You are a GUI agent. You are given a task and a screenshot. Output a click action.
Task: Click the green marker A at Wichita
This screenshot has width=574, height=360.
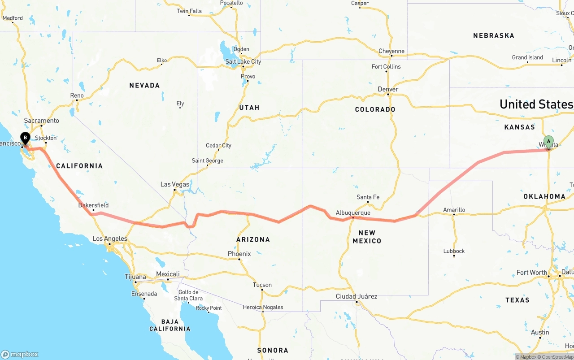pos(548,142)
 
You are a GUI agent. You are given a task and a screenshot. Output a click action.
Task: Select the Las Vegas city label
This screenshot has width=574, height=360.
pos(175,184)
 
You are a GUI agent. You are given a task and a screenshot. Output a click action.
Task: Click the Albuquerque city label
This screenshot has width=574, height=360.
pos(353,213)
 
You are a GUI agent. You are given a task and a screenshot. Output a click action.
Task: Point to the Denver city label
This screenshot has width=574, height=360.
pos(388,89)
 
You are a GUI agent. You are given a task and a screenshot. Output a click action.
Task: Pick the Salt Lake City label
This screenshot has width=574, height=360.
pos(243,62)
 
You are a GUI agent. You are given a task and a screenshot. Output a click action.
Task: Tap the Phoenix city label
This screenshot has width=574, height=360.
pos(239,254)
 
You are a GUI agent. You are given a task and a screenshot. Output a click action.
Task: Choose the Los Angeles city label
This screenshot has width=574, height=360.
pos(110,239)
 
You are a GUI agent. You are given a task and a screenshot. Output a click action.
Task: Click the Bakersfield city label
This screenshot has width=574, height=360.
pos(93,205)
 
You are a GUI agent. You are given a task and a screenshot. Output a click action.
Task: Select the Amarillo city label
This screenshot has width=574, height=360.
pos(454,209)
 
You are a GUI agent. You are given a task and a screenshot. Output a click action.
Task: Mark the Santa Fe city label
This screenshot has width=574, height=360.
pos(368,197)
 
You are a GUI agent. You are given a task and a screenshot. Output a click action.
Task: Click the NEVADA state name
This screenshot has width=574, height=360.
pos(144,85)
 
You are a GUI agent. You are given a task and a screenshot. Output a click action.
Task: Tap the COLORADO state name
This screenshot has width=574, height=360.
pos(375,109)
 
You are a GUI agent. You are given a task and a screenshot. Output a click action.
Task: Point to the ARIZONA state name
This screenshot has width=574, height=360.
pos(253,239)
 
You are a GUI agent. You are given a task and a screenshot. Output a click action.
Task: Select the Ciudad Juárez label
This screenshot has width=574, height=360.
pos(357,296)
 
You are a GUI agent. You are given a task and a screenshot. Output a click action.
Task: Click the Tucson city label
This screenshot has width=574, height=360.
pos(262,285)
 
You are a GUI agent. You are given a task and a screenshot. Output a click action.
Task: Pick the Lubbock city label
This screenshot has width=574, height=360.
pos(454,251)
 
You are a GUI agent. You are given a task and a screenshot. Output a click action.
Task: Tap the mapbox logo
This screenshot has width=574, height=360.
pos(20,354)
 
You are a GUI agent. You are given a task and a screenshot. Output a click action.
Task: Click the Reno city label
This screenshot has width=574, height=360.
pos(77,95)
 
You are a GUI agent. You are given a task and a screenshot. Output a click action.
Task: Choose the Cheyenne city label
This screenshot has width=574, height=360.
pos(391,51)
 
